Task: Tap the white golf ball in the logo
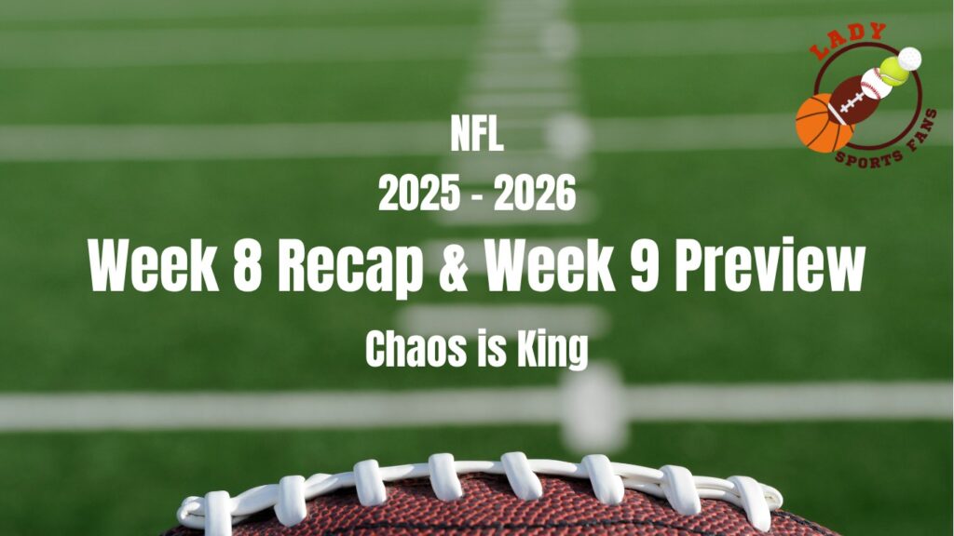tap(910, 59)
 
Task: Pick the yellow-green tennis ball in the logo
tap(893, 72)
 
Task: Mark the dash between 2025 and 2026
tap(476, 196)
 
